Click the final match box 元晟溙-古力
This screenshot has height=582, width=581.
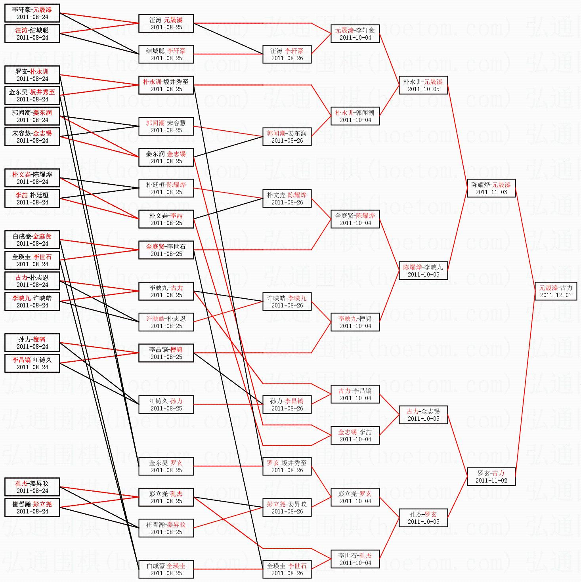[555, 291]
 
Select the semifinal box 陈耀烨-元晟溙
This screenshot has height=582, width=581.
[491, 188]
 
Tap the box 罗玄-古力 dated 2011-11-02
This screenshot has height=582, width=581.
[491, 477]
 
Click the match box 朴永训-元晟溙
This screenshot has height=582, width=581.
[423, 85]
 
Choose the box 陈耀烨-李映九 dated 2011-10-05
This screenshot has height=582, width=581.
[423, 271]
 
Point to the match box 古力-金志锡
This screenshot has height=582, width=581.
[423, 415]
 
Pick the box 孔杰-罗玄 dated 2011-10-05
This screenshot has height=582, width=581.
[423, 518]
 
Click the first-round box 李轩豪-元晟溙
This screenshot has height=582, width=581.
[32, 13]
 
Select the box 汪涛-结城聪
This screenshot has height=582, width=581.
[32, 34]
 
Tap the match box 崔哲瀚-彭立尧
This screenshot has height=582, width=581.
[32, 508]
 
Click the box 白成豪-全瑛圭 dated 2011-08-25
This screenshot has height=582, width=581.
[166, 569]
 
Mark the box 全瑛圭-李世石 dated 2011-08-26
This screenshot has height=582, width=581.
[287, 569]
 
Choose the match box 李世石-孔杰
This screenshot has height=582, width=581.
[355, 559]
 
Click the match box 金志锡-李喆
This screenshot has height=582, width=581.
[355, 435]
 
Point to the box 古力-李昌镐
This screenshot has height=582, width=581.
[355, 394]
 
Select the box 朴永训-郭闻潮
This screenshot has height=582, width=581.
[355, 116]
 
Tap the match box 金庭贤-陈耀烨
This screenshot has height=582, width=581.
[355, 219]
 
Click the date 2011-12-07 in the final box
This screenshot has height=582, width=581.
[556, 295]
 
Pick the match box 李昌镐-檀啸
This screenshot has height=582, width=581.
[166, 353]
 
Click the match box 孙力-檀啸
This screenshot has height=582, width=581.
[32, 343]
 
